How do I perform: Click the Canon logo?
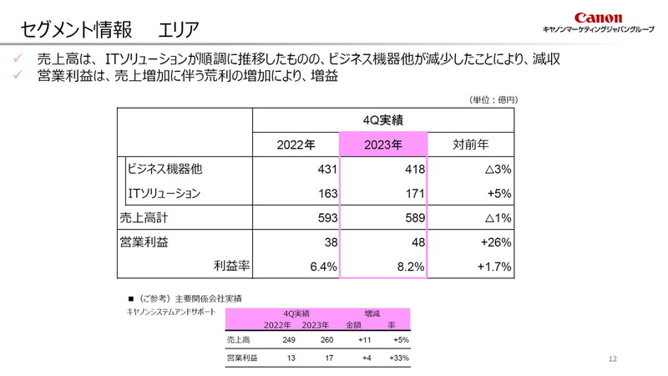pos(598,18)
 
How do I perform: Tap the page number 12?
pos(613,359)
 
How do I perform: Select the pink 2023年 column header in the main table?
pos(383,144)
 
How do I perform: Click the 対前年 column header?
pos(470,144)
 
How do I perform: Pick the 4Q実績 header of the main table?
pos(383,119)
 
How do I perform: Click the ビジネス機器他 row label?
pos(165,169)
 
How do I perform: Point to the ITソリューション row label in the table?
pos(164,193)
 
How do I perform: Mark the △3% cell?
pos(496,169)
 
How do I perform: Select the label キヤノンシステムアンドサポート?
pos(170,312)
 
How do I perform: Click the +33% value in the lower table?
pos(398,358)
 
